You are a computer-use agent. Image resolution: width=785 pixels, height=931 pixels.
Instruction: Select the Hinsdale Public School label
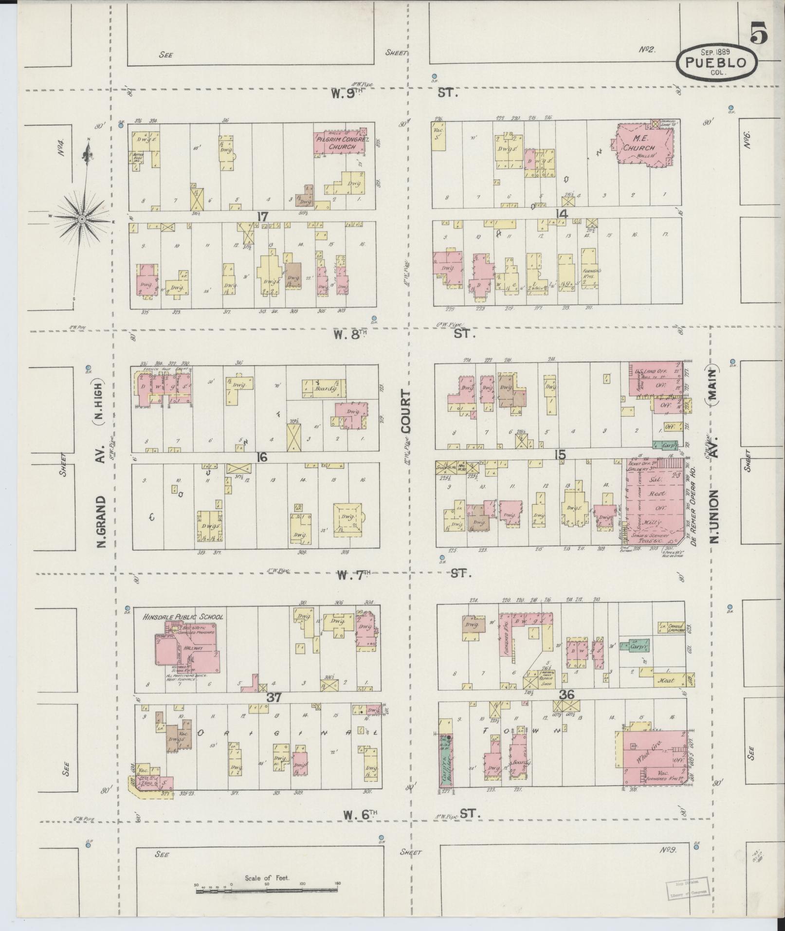pyautogui.click(x=183, y=617)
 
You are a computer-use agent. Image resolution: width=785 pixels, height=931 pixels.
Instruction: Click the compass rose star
pyautogui.click(x=82, y=220)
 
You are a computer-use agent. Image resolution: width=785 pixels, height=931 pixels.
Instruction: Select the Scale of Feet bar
pyautogui.click(x=267, y=892)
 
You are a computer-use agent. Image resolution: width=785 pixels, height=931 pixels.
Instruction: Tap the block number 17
pyautogui.click(x=262, y=217)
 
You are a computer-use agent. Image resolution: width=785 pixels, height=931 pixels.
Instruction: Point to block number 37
pyautogui.click(x=274, y=697)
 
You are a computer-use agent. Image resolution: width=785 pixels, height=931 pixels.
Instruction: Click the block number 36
pyautogui.click(x=567, y=695)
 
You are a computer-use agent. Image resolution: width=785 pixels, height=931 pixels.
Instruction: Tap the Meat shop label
pyautogui.click(x=667, y=680)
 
